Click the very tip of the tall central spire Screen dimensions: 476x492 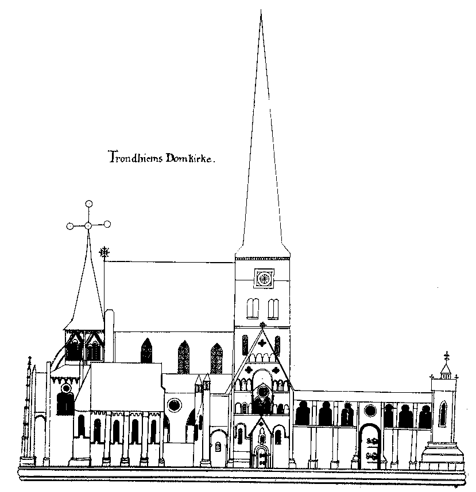click(x=261, y=10)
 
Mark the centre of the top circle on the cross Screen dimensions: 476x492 click(x=89, y=204)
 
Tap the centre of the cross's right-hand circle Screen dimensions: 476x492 click(x=107, y=224)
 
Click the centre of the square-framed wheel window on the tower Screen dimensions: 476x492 click(x=264, y=278)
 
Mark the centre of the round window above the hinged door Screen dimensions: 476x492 click(x=370, y=411)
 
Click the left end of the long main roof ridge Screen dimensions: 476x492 click(x=105, y=261)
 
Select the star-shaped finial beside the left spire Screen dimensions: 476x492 click(x=104, y=252)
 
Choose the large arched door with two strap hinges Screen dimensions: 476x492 click(x=371, y=446)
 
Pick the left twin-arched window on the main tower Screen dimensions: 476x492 click(x=253, y=309)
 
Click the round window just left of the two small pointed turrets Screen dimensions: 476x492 click(x=175, y=405)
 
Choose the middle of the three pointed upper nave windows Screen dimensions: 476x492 click(x=184, y=357)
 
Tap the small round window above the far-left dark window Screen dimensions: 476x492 click(x=66, y=388)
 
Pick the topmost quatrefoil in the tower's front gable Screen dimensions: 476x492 click(x=262, y=343)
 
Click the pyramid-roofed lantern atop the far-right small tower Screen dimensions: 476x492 click(x=446, y=370)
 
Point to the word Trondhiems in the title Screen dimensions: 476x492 click(x=136, y=157)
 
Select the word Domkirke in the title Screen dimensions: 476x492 click(x=189, y=158)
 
